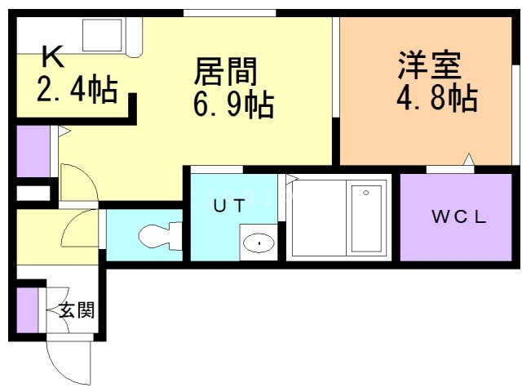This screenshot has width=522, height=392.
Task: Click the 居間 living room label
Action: [225, 71]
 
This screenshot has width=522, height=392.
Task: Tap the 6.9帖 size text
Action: [233, 105]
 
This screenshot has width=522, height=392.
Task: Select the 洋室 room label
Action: [429, 65]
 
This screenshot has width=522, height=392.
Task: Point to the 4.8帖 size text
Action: [437, 98]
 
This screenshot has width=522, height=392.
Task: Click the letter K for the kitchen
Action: [53, 56]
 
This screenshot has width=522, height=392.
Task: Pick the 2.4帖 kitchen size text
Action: [77, 89]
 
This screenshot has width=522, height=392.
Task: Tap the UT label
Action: [229, 206]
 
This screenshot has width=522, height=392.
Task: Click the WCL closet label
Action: [458, 217]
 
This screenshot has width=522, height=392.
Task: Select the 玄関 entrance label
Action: [77, 310]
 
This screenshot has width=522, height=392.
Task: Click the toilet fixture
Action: [161, 236]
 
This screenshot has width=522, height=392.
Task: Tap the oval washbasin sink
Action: [259, 243]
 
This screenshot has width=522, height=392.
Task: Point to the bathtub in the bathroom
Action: [366, 219]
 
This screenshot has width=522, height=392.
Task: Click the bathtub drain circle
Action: [366, 193]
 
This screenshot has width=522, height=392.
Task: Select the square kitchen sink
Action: [102, 35]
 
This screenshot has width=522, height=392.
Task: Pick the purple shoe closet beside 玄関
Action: [27, 310]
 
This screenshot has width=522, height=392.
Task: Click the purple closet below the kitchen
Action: [33, 151]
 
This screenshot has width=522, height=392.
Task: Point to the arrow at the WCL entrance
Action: [469, 158]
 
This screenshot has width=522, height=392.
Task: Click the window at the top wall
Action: [230, 13]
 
